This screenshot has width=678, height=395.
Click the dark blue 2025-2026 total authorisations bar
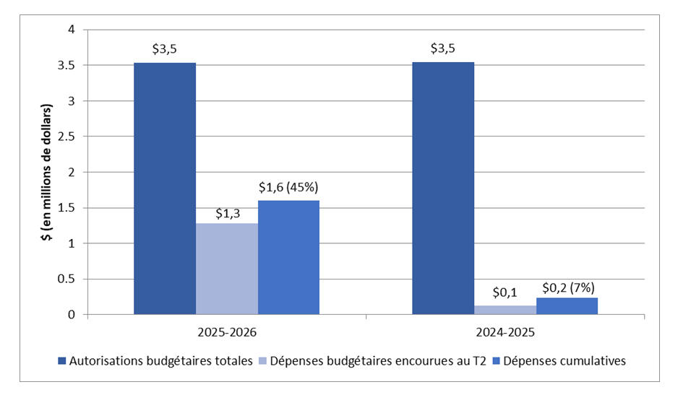tap(165, 188)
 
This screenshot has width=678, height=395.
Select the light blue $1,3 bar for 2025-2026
tap(226, 269)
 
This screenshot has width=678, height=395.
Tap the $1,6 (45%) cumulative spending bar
tap(288, 257)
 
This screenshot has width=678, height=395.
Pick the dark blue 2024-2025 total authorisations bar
tap(443, 188)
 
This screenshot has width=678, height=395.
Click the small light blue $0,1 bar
tap(505, 310)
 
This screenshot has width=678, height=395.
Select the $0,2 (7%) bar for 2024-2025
tap(567, 306)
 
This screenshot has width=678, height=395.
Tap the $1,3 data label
tap(227, 213)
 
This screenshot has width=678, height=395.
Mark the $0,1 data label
tap(505, 293)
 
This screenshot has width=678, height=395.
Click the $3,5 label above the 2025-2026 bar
tap(165, 50)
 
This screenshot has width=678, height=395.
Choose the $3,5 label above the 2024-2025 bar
tap(443, 50)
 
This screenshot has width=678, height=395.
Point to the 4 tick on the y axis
tap(72, 30)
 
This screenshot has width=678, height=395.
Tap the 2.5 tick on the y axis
tap(67, 136)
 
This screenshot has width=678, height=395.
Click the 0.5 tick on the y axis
tap(67, 279)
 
